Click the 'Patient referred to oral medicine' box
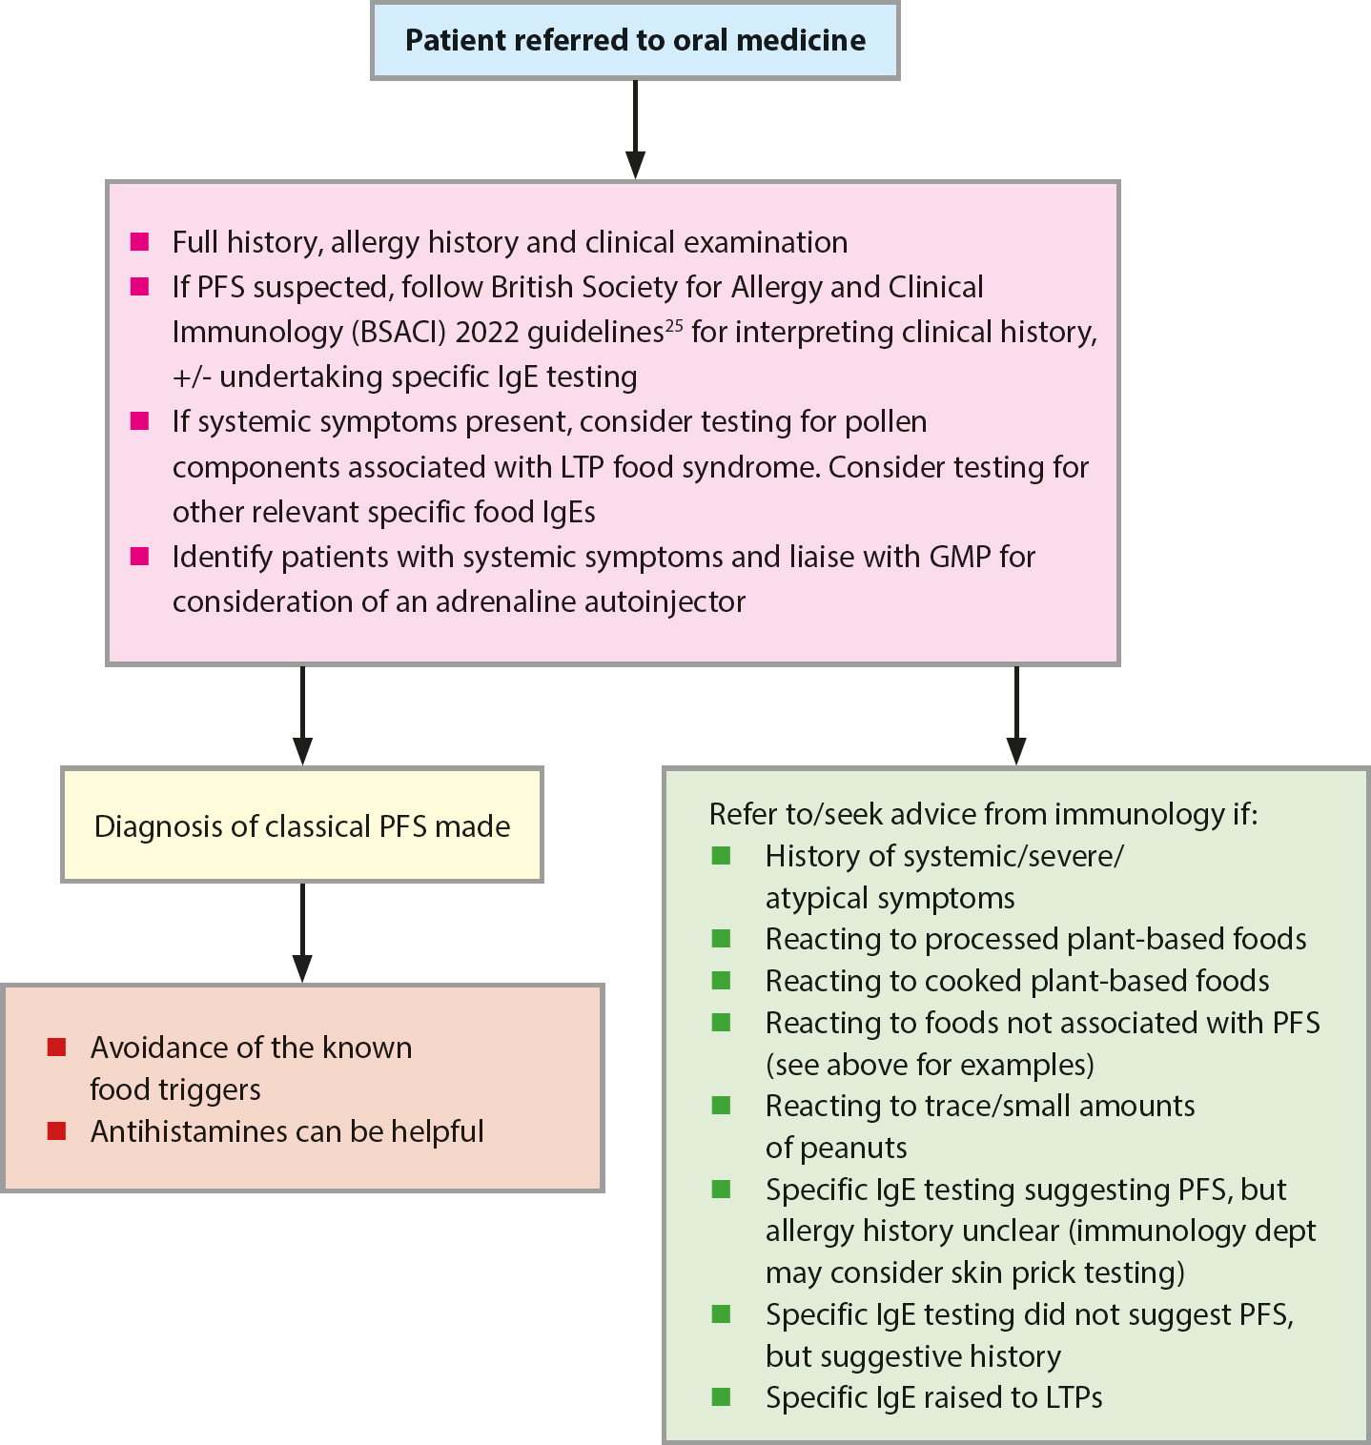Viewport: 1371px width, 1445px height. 635,41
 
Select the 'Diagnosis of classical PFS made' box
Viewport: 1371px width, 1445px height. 302,824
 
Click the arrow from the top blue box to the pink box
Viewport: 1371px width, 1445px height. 635,129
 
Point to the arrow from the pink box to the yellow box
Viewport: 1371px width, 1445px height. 302,715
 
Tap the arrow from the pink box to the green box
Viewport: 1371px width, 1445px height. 1016,715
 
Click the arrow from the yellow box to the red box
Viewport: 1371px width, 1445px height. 302,932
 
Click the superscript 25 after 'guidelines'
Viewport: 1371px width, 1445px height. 674,325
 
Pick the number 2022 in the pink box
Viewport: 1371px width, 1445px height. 485,332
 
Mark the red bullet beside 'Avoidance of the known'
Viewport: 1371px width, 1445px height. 56,1048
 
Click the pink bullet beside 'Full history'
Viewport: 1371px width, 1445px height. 140,242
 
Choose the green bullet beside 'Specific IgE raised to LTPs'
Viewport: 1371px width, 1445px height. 722,1397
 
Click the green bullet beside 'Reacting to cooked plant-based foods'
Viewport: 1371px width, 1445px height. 722,981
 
